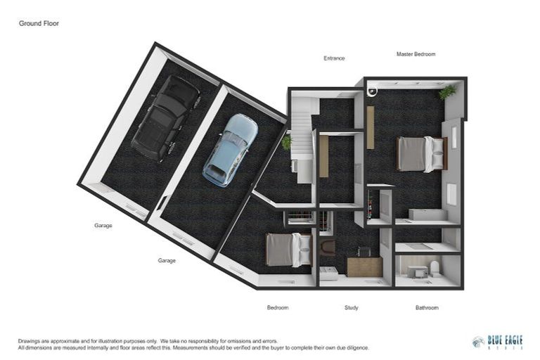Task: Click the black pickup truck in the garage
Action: [165, 118]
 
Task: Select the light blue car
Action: [230, 150]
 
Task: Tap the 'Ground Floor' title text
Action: [39, 23]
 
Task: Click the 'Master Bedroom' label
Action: [416, 54]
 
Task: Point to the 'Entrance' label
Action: [334, 58]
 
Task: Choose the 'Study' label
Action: [352, 307]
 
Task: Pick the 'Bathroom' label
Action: [426, 307]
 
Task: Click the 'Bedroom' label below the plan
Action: [278, 307]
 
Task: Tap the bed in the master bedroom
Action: [420, 154]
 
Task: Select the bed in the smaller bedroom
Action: [288, 250]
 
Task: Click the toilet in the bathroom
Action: [434, 268]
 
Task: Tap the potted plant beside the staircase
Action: [286, 143]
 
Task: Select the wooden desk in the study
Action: [364, 266]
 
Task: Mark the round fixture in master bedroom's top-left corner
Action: [372, 90]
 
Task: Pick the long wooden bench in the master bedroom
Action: [371, 127]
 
